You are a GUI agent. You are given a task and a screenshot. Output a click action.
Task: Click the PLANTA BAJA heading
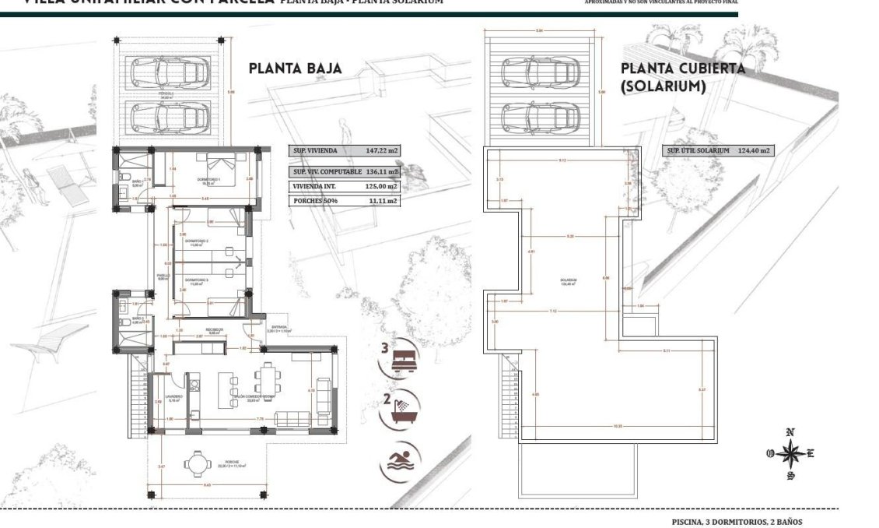[x=295, y=69]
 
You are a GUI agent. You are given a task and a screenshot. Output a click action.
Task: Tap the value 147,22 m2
[x=381, y=152]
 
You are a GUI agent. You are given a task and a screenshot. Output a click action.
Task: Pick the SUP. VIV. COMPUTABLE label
[x=327, y=171]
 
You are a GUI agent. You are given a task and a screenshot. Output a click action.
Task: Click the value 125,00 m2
[x=381, y=186]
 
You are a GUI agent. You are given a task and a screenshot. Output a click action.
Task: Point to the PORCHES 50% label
[x=312, y=201]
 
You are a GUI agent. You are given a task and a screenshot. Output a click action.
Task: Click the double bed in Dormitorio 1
[x=219, y=165]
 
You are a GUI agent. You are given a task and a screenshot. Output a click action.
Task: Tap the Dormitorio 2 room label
[x=197, y=242]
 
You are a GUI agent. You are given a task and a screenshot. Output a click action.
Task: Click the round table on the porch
[x=196, y=464]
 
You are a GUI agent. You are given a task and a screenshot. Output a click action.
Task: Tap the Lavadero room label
[x=173, y=398]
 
